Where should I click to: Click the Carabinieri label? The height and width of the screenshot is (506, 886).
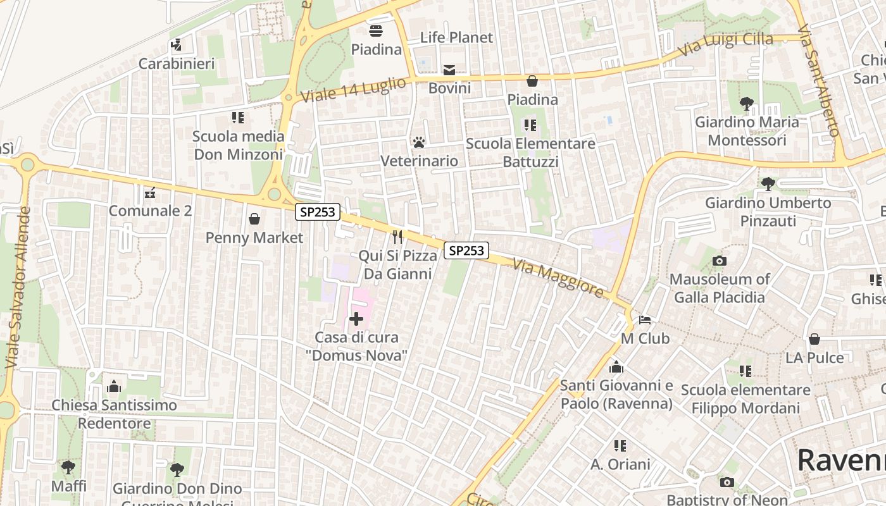[x=177, y=64]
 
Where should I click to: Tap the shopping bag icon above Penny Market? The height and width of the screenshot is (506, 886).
[x=254, y=219]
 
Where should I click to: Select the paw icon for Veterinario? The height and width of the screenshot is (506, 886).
[x=419, y=142]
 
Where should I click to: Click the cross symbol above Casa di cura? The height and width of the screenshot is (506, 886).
[x=356, y=319]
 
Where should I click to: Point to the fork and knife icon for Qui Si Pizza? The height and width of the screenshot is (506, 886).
[x=397, y=237]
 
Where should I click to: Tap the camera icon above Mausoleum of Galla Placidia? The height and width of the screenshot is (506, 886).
[x=719, y=261]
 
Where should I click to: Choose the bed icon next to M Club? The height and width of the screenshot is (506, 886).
[x=645, y=320]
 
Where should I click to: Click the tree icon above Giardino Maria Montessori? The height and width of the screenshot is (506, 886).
[x=747, y=103]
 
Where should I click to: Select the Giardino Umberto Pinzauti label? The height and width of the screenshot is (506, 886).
[x=768, y=212]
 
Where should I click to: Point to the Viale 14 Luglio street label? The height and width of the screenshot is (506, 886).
[x=353, y=90]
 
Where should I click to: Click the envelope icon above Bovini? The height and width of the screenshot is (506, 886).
[x=449, y=70]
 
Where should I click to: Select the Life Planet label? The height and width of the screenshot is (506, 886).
[x=456, y=37]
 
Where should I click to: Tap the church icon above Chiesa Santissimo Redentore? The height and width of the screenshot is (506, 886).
[x=114, y=386]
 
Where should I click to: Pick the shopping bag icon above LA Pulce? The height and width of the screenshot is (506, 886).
[x=814, y=339]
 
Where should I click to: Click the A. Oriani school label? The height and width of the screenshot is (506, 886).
[x=620, y=464]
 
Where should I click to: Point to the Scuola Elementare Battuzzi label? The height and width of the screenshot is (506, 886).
[x=530, y=152]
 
